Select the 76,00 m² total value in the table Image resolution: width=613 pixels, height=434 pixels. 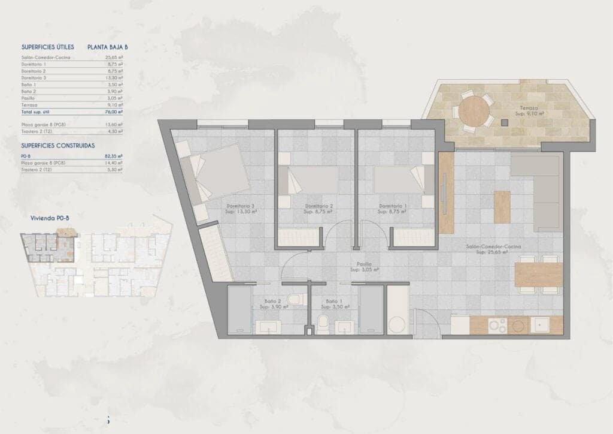coord(113,111)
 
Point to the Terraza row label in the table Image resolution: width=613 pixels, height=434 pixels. coord(29,104)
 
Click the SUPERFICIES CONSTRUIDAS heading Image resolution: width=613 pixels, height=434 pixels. coord(57,145)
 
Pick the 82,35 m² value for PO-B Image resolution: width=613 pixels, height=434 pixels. coord(113,155)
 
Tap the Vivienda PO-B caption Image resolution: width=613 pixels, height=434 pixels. coord(50,218)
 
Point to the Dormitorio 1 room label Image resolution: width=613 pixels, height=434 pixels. coord(393,207)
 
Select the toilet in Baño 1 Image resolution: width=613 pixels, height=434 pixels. coord(324,323)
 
